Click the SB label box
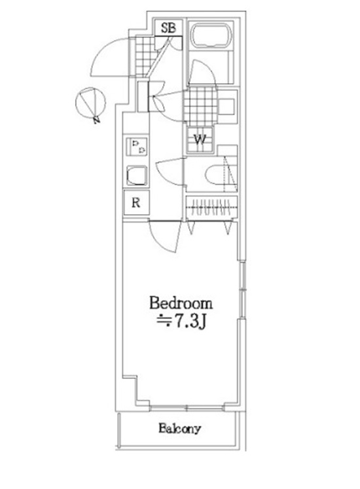click(168, 27)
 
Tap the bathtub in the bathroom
click(211, 37)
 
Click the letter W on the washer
click(200, 139)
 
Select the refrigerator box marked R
click(136, 203)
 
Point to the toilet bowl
click(215, 175)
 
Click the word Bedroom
click(181, 304)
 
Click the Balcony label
click(179, 429)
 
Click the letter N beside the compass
click(97, 120)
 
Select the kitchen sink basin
click(137, 176)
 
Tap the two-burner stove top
click(136, 147)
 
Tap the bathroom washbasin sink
click(227, 105)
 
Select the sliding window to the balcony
click(187, 407)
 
